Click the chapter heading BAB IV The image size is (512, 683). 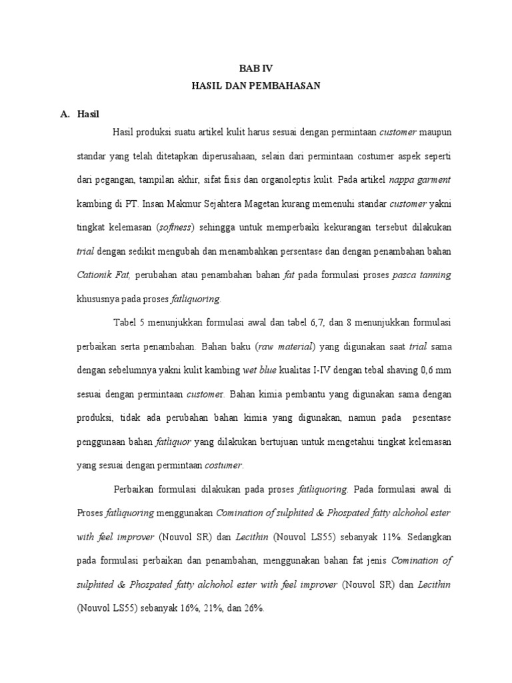pyautogui.click(x=256, y=69)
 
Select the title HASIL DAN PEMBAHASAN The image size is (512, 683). pyautogui.click(x=256, y=86)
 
